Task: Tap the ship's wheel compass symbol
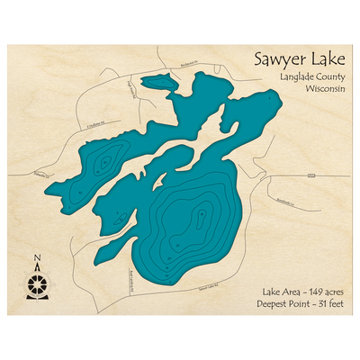point(37,285)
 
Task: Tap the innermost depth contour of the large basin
point(201,217)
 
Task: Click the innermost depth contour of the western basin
point(105,163)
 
